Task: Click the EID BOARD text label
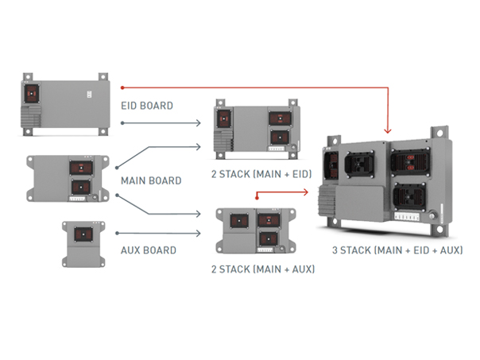click(x=147, y=106)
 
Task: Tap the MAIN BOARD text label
click(x=151, y=180)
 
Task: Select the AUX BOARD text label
click(x=149, y=250)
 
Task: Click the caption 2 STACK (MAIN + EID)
click(x=261, y=174)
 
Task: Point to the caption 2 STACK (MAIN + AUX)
click(x=263, y=269)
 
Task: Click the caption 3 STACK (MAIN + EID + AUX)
click(x=397, y=250)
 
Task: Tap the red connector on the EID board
click(x=32, y=93)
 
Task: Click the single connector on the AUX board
click(x=83, y=234)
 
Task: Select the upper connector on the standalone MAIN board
click(x=81, y=168)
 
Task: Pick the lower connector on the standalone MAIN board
click(x=81, y=188)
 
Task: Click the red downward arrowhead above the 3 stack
click(x=388, y=130)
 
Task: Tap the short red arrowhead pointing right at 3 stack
click(x=305, y=192)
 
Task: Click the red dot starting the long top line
click(x=122, y=88)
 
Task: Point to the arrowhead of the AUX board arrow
click(x=198, y=234)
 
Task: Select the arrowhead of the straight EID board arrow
click(x=198, y=123)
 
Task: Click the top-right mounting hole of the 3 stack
click(x=439, y=134)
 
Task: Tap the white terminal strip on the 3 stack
click(x=407, y=216)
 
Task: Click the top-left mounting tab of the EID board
click(x=28, y=77)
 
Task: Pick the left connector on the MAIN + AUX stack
click(x=239, y=221)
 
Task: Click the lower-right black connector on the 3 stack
click(x=409, y=195)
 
